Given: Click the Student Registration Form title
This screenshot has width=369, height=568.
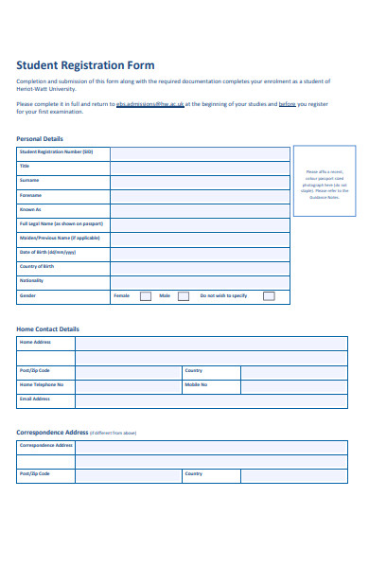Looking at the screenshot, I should [x=85, y=65].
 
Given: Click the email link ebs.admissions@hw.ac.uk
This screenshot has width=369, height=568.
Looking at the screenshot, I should [x=149, y=103].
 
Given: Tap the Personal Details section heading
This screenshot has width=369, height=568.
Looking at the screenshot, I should [x=40, y=138].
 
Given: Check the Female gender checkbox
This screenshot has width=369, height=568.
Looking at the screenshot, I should [x=146, y=295].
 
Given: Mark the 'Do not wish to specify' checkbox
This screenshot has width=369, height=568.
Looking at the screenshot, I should [x=269, y=295].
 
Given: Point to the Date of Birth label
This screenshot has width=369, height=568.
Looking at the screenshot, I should [x=47, y=253].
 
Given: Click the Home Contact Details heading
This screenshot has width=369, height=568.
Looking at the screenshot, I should [x=48, y=328].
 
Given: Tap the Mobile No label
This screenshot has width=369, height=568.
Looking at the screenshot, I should [x=196, y=385].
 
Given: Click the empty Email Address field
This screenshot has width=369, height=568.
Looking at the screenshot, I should [x=216, y=399].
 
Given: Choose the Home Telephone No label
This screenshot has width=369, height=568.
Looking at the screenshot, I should [x=42, y=385].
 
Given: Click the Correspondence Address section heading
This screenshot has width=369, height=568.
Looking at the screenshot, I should [x=53, y=432].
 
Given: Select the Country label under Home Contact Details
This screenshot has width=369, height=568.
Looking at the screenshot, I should [x=194, y=371].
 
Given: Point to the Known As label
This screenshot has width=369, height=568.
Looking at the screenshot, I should [x=30, y=209].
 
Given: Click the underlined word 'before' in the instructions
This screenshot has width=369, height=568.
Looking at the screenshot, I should [x=288, y=103].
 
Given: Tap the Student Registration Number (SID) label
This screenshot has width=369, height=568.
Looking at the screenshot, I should [x=56, y=151].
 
